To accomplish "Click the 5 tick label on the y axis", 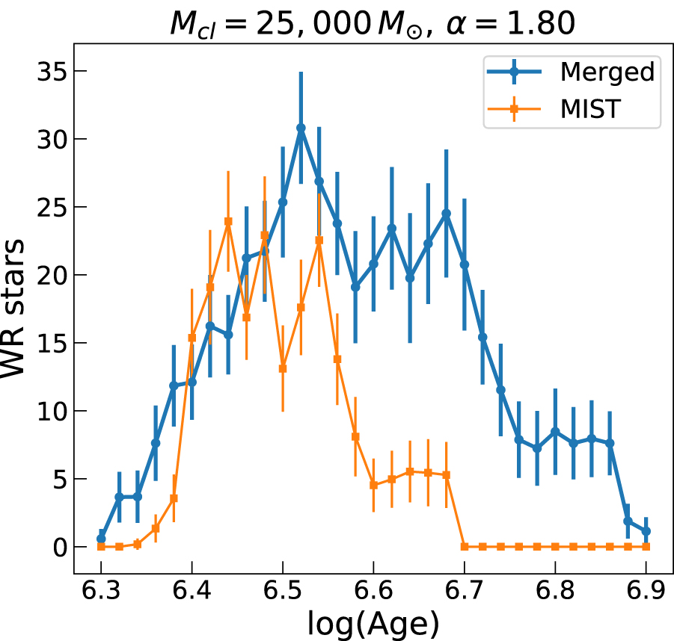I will [58, 479].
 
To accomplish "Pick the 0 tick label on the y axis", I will [58, 547].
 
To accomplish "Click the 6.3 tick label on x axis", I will [101, 593].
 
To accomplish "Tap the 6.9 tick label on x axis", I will [646, 593].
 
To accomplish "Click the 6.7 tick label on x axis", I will [464, 593].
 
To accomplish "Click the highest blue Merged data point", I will [301, 128].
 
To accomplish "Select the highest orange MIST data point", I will [228, 221].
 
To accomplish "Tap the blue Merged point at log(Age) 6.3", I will [101, 539].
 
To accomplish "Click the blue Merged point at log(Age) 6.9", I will [646, 531].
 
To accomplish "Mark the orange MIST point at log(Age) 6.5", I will [283, 368].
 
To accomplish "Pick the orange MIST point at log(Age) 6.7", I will [464, 547].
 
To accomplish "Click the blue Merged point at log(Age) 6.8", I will [555, 432].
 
